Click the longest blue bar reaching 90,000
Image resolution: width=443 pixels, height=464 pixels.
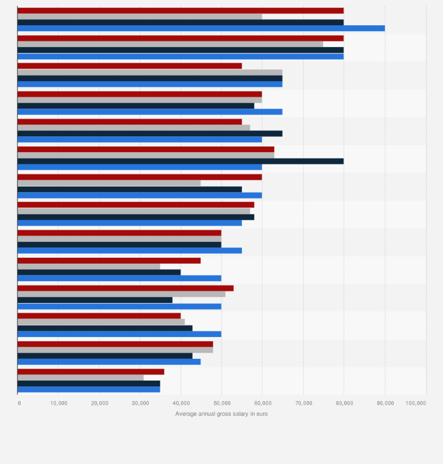(201, 28)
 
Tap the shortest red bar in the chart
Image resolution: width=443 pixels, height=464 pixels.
(90, 371)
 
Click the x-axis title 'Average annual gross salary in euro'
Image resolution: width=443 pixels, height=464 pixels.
(221, 413)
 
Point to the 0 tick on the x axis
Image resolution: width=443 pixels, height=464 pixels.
(19, 403)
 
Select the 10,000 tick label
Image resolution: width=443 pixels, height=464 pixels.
(59, 403)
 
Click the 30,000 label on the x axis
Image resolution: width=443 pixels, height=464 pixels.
(140, 403)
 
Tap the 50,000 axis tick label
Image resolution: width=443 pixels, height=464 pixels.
(221, 403)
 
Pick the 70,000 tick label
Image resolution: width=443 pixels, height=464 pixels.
(303, 403)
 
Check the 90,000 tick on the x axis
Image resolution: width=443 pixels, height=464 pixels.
(385, 403)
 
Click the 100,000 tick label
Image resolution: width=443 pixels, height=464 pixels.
(415, 403)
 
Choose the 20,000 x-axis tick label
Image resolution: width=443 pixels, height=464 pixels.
(99, 403)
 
